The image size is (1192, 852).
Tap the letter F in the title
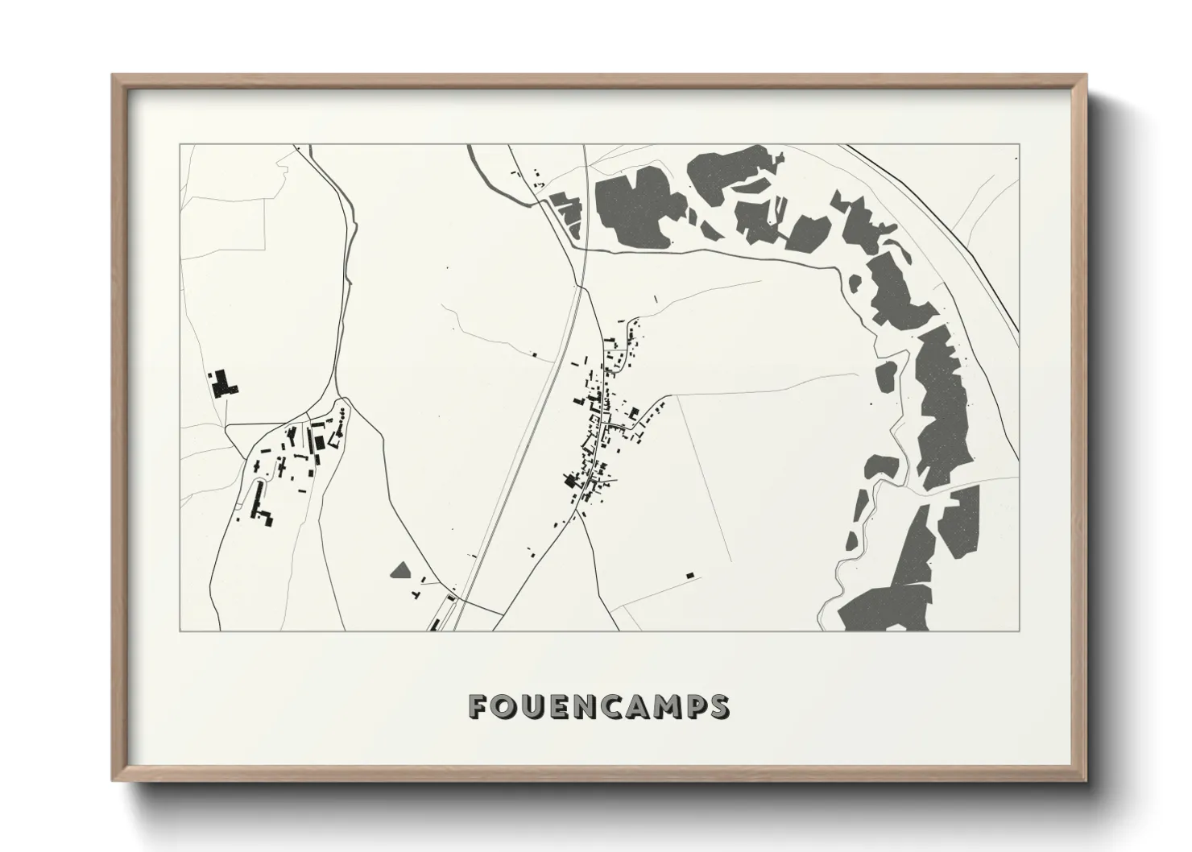pos(478,706)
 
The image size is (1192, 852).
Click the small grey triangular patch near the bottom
pos(399,571)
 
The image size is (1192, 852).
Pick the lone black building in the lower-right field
pos(689,575)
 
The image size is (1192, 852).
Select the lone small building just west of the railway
pos(533,353)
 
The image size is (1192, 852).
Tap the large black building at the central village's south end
pos(571,482)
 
